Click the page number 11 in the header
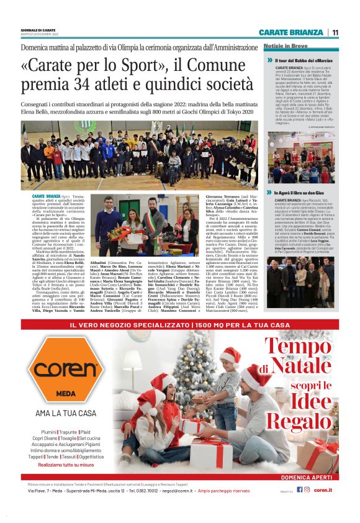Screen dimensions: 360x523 click(335, 32)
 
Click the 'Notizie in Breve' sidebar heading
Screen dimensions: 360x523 click(285, 47)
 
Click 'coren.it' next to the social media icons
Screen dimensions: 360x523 click(323, 489)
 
